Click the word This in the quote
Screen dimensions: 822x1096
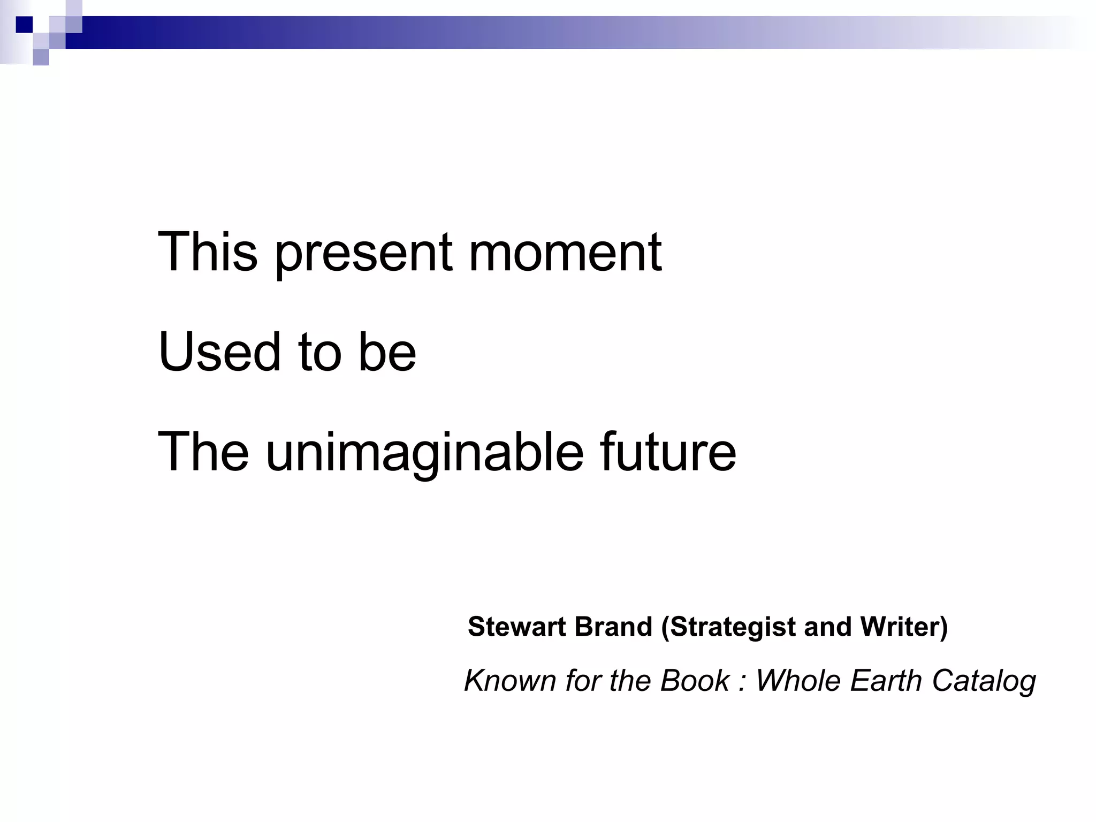tap(208, 252)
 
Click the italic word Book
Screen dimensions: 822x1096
tap(694, 681)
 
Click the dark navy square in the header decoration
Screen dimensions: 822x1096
tap(24, 25)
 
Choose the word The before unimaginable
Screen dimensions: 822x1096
tap(203, 452)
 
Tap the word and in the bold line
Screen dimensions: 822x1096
tap(827, 627)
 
